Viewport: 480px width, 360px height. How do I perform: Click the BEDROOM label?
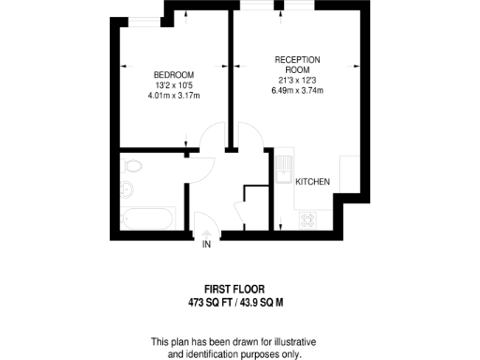tap(173, 75)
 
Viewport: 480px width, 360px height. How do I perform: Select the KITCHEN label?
tap(312, 181)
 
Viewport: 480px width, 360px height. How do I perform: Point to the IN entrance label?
tap(206, 245)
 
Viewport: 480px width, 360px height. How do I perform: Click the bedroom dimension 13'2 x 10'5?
tap(174, 85)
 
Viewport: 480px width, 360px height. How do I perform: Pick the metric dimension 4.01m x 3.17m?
tap(174, 96)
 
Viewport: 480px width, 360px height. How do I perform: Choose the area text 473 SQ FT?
tap(212, 304)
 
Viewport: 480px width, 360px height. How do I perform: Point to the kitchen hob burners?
tap(307, 218)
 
